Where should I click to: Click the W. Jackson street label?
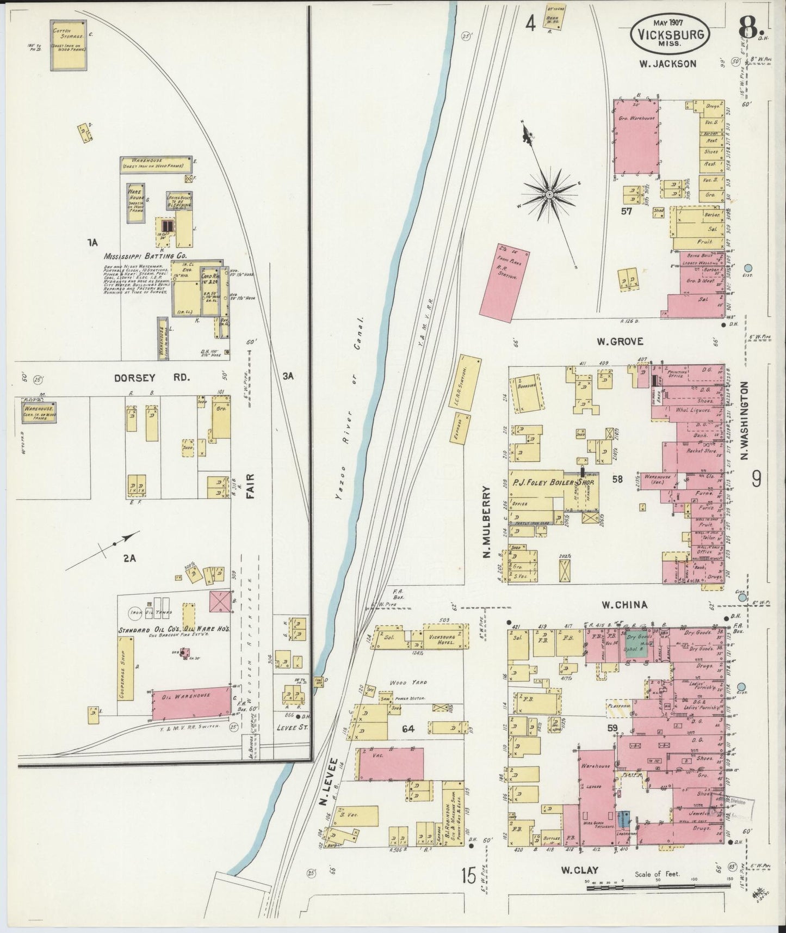667,64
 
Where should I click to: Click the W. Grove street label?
620,341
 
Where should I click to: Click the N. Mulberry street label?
487,522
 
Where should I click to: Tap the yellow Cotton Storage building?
69,45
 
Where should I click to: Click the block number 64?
408,729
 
